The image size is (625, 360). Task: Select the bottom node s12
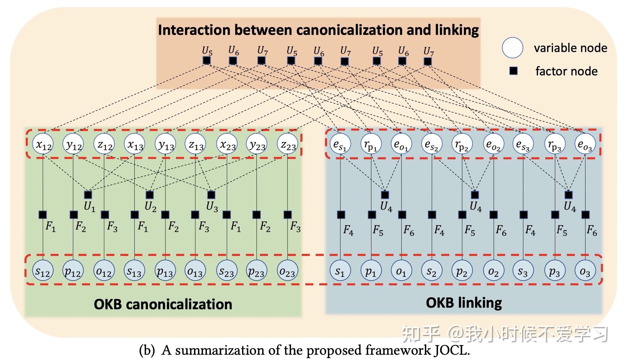43,271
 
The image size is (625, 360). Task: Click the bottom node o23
287,271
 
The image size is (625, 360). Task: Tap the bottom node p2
462,271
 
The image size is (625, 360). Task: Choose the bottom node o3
585,271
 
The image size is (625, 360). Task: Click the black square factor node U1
88,195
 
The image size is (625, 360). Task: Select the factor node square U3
211,195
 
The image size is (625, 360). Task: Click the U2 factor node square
150,195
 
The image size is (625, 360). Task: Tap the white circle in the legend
513,48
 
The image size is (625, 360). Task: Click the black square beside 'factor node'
513,71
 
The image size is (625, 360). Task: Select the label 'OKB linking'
464,303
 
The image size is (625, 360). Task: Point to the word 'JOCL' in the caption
452,350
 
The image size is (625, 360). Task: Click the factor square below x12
43,215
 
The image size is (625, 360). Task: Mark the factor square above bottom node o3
585,215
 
